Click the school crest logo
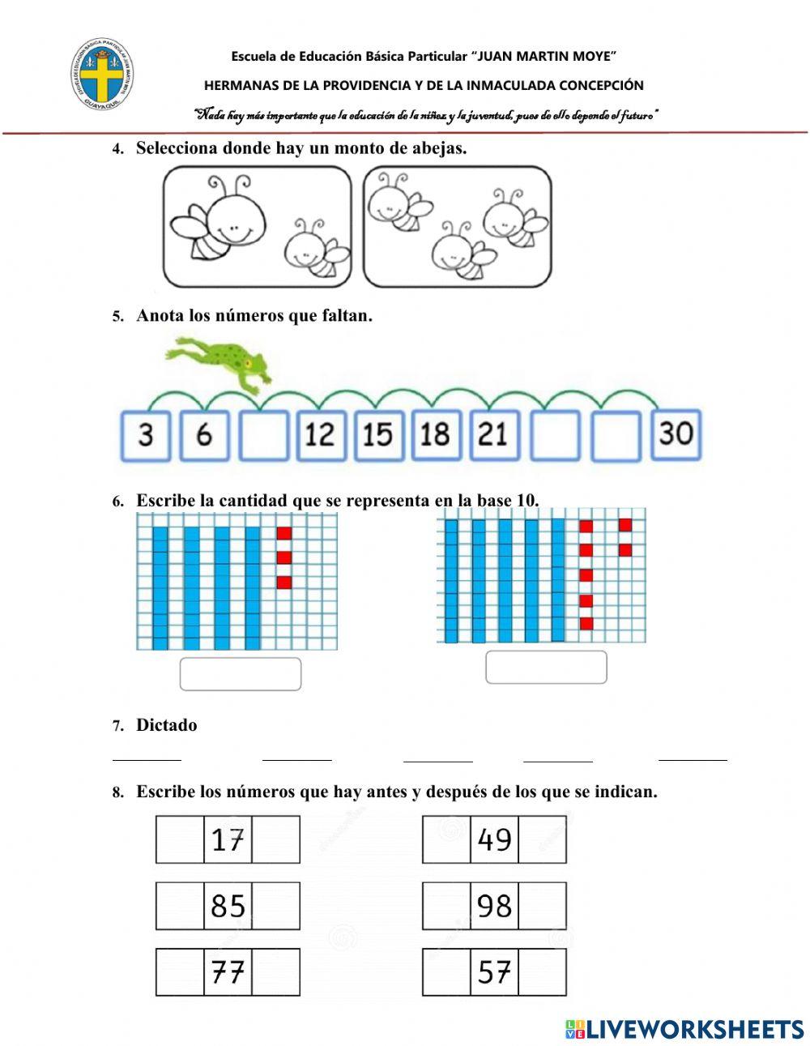point(101,78)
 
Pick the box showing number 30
point(676,433)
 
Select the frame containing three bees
point(458,227)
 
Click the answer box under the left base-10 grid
point(241,674)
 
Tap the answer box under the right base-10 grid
point(546,668)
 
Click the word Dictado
point(166,725)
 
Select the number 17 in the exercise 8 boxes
point(228,840)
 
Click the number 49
point(494,840)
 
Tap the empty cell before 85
point(180,906)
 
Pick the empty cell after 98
point(542,906)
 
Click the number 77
point(228,971)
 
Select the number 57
point(494,971)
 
